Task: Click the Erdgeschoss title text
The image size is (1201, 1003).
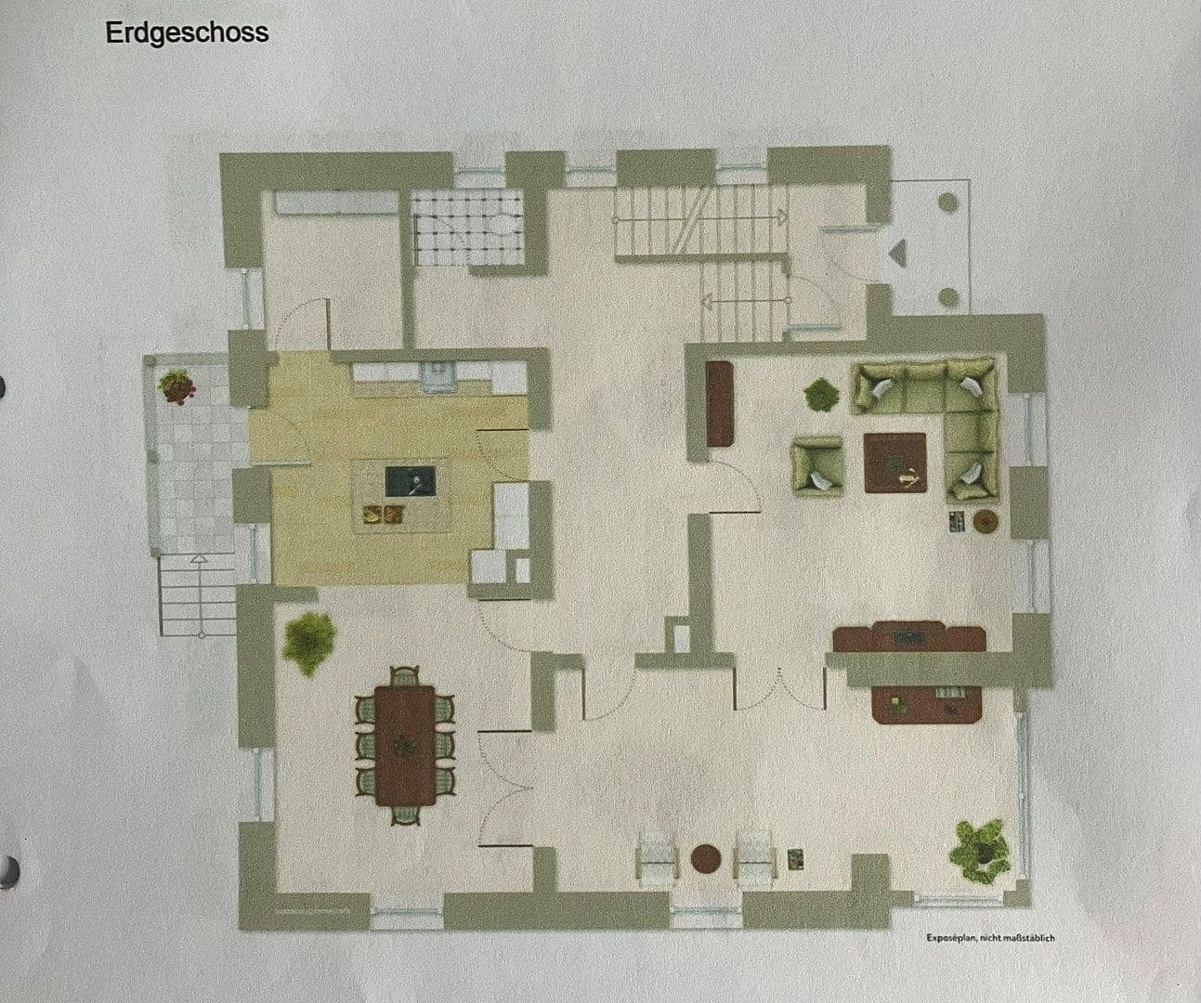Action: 187,33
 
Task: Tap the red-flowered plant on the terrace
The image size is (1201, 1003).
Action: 176,385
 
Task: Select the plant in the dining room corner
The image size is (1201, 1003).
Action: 308,640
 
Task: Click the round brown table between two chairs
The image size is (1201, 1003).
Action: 707,857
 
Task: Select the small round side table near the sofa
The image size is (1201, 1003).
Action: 986,521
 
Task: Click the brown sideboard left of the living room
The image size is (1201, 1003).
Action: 720,405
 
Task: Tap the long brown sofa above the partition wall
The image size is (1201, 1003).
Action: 907,638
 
